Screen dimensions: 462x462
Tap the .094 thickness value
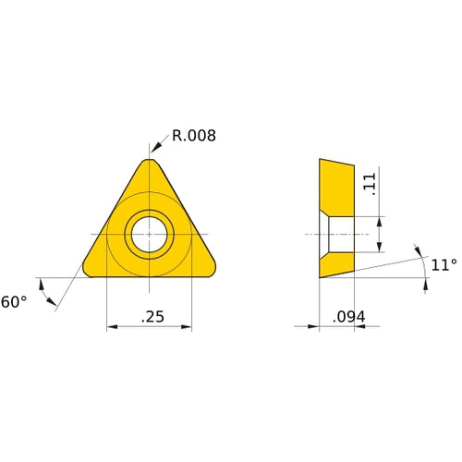348,317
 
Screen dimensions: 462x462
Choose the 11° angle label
444,265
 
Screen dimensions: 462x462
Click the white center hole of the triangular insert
150,233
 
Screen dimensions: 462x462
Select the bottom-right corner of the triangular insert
213,271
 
